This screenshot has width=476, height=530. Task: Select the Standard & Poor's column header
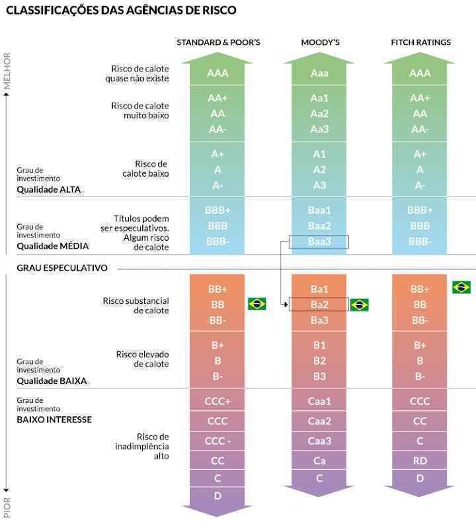pyautogui.click(x=218, y=42)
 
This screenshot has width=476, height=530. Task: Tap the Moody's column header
pyautogui.click(x=320, y=42)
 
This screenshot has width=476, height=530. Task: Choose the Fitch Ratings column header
pyautogui.click(x=420, y=42)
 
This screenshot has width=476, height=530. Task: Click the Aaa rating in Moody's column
pyautogui.click(x=319, y=73)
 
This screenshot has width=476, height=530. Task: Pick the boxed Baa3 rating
pyautogui.click(x=319, y=242)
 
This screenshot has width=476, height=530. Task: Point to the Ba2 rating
pyautogui.click(x=319, y=304)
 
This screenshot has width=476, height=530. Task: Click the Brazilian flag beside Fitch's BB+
pyautogui.click(x=461, y=287)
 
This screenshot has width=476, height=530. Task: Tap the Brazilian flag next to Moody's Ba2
pyautogui.click(x=360, y=305)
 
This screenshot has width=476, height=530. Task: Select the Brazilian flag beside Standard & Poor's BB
pyautogui.click(x=257, y=304)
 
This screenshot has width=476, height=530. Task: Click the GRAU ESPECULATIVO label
pyautogui.click(x=62, y=268)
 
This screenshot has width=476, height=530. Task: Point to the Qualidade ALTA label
pyautogui.click(x=49, y=189)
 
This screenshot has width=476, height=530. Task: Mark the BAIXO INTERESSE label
pyautogui.click(x=54, y=420)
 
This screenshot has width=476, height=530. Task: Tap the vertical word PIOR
pyautogui.click(x=7, y=508)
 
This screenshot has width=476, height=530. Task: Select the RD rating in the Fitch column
pyautogui.click(x=420, y=460)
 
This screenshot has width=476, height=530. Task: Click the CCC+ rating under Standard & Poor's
pyautogui.click(x=218, y=401)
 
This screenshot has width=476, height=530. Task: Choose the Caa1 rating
pyautogui.click(x=319, y=401)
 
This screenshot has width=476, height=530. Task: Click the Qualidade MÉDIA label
pyautogui.click(x=53, y=245)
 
